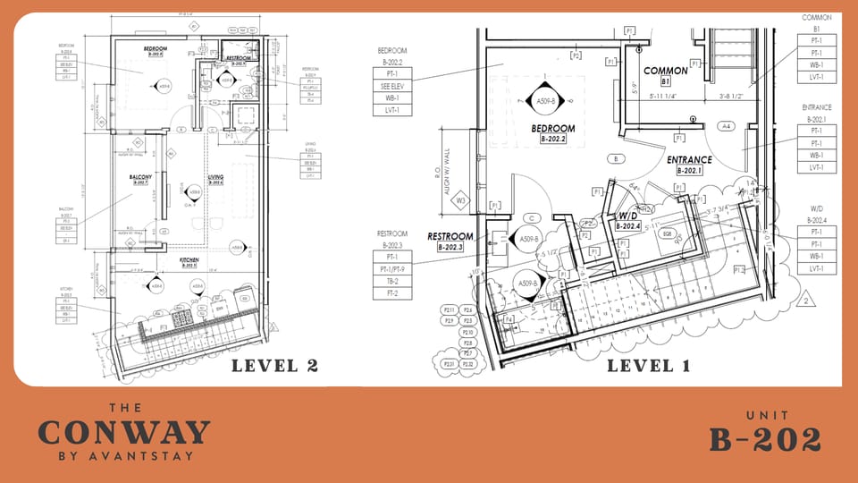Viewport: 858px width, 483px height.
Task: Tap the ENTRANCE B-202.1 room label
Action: tap(688, 164)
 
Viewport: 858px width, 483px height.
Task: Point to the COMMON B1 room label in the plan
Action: tap(666, 75)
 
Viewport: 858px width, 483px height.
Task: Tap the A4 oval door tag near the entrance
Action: tap(727, 127)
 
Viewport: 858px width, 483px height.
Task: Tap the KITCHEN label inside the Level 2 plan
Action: tap(189, 261)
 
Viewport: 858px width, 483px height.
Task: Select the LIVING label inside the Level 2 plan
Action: tap(216, 178)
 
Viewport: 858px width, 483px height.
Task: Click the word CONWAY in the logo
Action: tap(123, 433)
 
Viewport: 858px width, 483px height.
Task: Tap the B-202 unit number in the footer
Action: tap(765, 438)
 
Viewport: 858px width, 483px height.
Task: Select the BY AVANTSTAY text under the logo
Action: tap(123, 456)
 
